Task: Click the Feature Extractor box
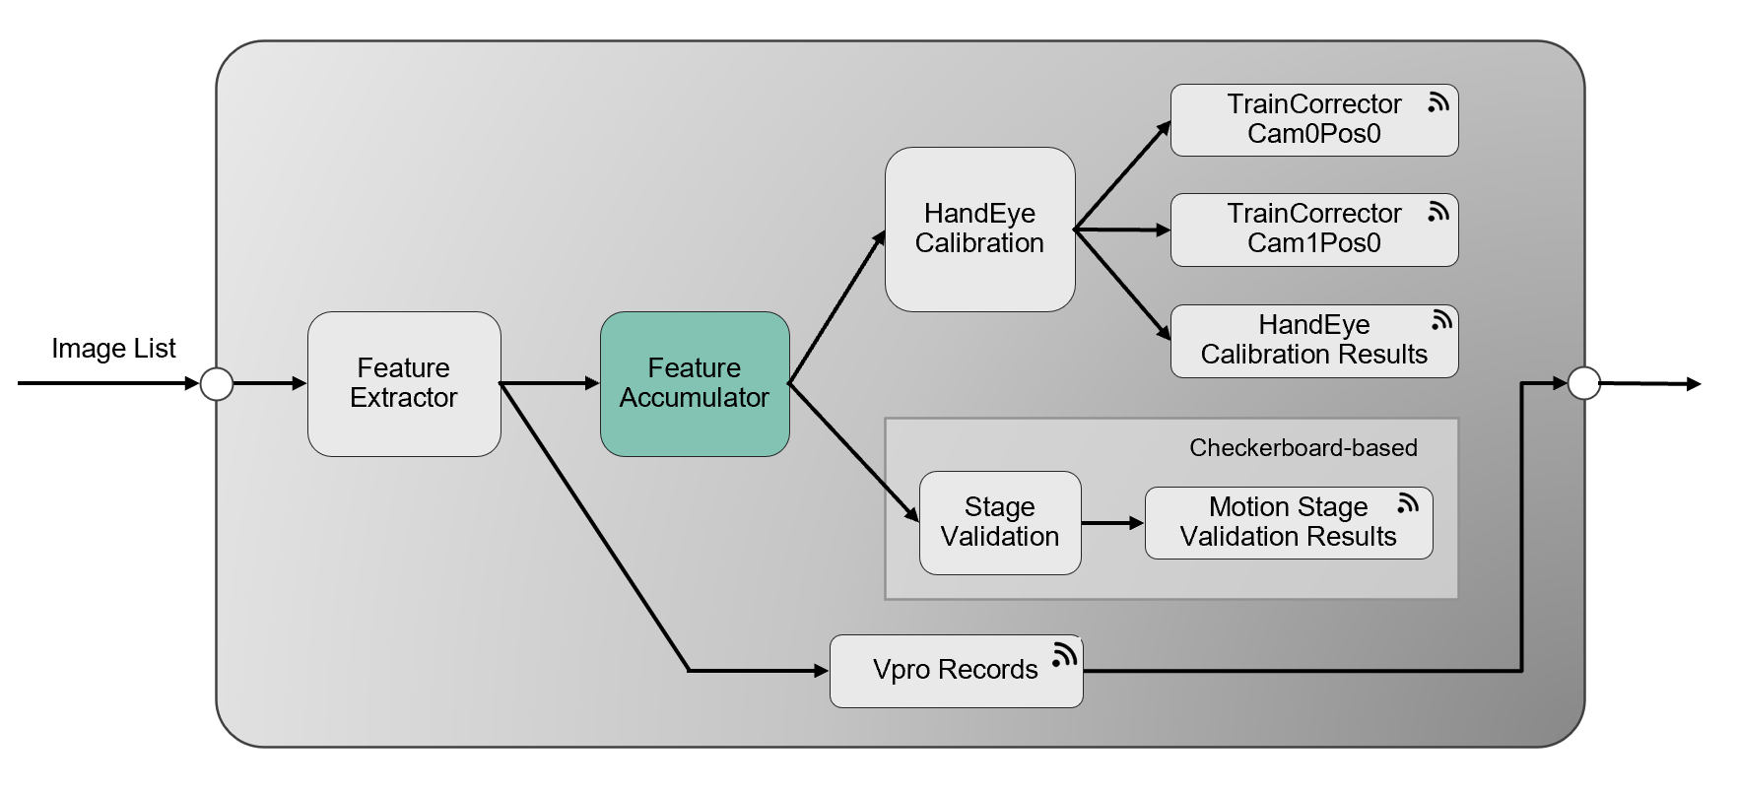404,383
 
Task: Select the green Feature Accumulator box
695,383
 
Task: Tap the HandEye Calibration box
979,229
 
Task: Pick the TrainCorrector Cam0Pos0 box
1313,119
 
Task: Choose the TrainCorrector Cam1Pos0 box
1313,230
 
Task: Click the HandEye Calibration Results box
1313,341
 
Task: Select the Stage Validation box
1000,522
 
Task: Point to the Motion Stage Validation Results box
1288,522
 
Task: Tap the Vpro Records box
955,670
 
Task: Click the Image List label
113,349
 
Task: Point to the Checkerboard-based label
1303,448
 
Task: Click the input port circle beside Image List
217,383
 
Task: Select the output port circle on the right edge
1583,383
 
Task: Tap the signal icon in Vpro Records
1064,655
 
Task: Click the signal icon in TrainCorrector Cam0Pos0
1438,102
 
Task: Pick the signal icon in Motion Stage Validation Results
1408,503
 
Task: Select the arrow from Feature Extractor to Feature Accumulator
550,383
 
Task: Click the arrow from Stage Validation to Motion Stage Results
1112,523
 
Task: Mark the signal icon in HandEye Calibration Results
1441,320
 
